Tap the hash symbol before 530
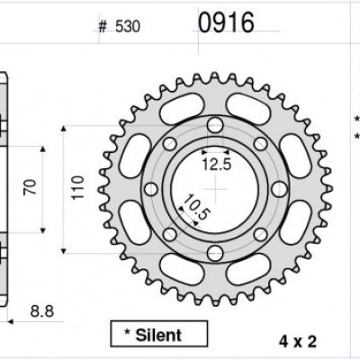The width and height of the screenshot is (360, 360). (103, 27)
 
